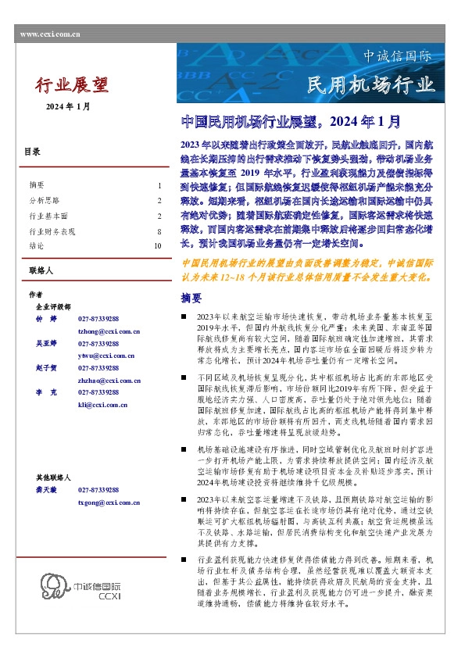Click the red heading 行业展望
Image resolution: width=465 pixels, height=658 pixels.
[71, 84]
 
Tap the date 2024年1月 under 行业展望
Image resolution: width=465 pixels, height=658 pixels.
[68, 106]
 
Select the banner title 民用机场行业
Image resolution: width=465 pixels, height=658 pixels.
[369, 84]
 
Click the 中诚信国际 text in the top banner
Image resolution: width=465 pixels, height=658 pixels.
[398, 57]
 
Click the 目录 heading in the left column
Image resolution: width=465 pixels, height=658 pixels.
[32, 152]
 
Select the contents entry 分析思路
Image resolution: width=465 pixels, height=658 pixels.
[43, 200]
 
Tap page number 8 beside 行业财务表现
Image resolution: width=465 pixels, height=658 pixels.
[159, 231]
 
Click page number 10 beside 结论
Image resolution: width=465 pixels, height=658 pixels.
[158, 245]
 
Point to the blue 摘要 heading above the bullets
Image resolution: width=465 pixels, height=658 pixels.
[191, 299]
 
